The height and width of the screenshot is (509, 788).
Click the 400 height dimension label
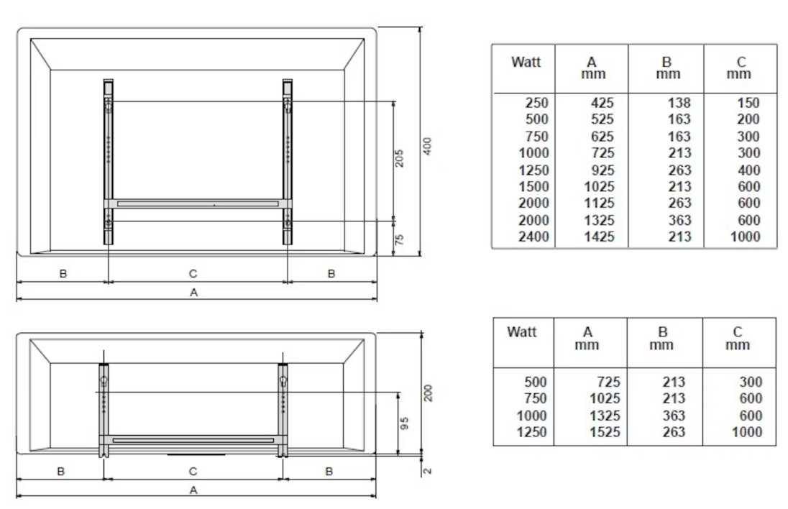[428, 146]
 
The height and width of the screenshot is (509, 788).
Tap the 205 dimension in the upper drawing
[400, 158]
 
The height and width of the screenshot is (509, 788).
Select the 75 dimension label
[400, 239]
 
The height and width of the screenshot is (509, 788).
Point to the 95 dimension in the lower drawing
[405, 423]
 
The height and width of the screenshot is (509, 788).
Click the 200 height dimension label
[428, 393]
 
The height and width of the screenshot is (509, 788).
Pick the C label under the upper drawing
[193, 273]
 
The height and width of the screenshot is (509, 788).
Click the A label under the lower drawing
[193, 490]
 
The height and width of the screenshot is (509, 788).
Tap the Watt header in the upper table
[526, 63]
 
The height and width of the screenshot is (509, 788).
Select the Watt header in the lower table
[522, 332]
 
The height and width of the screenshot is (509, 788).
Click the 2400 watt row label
[533, 236]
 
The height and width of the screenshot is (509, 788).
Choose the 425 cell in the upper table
[602, 103]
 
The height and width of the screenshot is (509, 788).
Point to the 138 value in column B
[679, 103]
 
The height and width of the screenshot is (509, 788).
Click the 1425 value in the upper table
[599, 236]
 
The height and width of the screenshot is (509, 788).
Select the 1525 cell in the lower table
[605, 431]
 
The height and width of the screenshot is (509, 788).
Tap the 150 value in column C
[748, 103]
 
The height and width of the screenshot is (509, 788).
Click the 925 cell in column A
[602, 170]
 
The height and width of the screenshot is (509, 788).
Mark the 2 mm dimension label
[427, 471]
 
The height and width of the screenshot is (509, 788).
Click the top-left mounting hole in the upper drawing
[109, 107]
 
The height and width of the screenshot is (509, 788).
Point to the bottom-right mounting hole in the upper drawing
[287, 221]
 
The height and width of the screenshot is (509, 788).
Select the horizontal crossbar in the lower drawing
[193, 440]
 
